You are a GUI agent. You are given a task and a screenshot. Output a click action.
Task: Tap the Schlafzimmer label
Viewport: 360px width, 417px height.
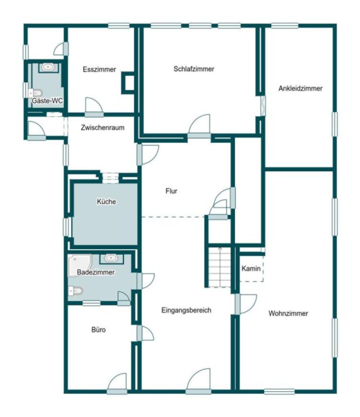(x=194, y=69)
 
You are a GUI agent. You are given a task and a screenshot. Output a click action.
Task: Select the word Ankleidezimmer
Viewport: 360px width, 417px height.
(x=300, y=88)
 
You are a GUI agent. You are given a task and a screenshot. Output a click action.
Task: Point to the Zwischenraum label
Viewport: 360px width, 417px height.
(x=102, y=128)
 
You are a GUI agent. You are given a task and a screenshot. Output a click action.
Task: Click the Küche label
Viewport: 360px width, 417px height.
(x=106, y=202)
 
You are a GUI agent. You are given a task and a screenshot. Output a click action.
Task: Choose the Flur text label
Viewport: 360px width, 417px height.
(x=172, y=191)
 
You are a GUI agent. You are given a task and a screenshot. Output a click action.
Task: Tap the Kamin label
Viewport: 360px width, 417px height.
(x=251, y=269)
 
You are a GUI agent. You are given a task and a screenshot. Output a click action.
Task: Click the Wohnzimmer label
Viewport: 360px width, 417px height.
(x=288, y=314)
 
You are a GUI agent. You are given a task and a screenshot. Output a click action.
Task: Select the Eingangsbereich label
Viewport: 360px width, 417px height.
(x=186, y=310)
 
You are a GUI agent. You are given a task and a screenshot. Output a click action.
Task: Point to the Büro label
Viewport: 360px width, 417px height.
(x=98, y=330)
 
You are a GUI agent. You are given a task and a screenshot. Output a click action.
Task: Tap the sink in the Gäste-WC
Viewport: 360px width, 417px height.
(x=48, y=67)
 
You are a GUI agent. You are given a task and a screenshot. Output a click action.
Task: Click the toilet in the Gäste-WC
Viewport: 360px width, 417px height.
(x=35, y=92)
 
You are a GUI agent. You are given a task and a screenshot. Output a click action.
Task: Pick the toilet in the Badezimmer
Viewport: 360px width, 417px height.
(x=75, y=290)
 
